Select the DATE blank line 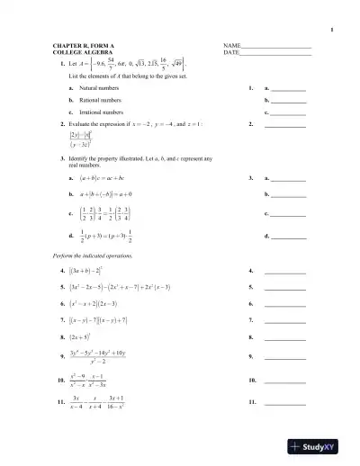pos(276,53)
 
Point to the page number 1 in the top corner pos(332,30)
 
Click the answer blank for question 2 pos(285,125)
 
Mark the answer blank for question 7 pos(285,320)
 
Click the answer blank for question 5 pos(285,287)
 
